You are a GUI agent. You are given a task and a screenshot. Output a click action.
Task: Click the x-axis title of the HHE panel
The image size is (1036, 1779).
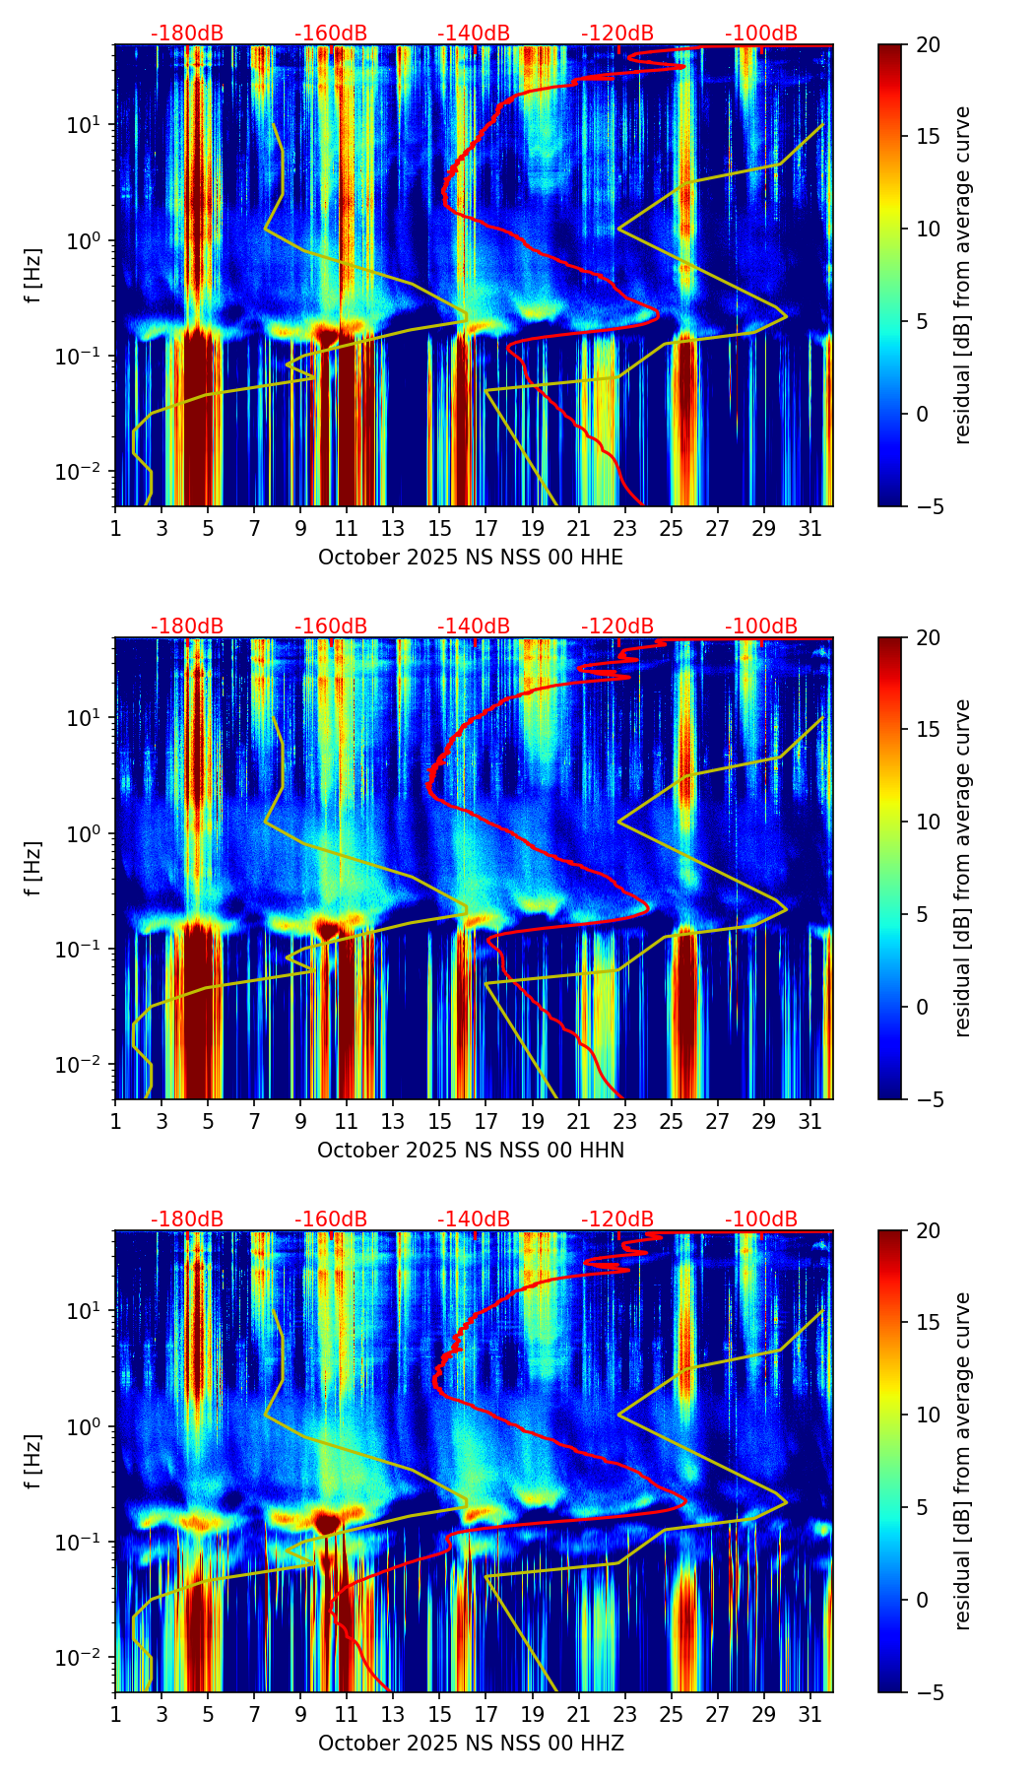click(x=470, y=558)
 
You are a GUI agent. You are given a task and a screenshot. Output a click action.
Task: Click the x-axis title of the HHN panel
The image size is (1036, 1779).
click(x=470, y=1151)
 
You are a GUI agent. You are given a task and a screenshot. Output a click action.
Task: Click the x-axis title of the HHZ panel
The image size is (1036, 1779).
click(x=470, y=1744)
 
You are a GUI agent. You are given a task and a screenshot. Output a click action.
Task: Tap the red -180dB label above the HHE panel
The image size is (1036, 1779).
click(x=187, y=33)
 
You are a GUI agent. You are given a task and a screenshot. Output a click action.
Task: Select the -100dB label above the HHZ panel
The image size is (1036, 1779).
click(x=761, y=1219)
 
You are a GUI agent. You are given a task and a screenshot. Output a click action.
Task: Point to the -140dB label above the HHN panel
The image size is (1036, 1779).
click(x=474, y=626)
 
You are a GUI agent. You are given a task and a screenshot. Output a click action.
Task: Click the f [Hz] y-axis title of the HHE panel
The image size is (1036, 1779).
click(x=34, y=276)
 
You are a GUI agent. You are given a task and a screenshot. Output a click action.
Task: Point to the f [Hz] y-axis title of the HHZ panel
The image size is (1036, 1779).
click(x=34, y=1462)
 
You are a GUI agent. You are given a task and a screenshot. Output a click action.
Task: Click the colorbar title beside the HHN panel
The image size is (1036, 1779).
click(x=963, y=869)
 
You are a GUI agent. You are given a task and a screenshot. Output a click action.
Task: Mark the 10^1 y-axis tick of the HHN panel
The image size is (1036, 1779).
click(x=89, y=717)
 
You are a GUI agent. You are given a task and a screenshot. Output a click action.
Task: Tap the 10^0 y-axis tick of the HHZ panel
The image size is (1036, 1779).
click(x=89, y=1426)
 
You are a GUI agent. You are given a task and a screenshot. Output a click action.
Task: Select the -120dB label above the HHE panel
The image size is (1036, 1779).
click(x=617, y=33)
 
